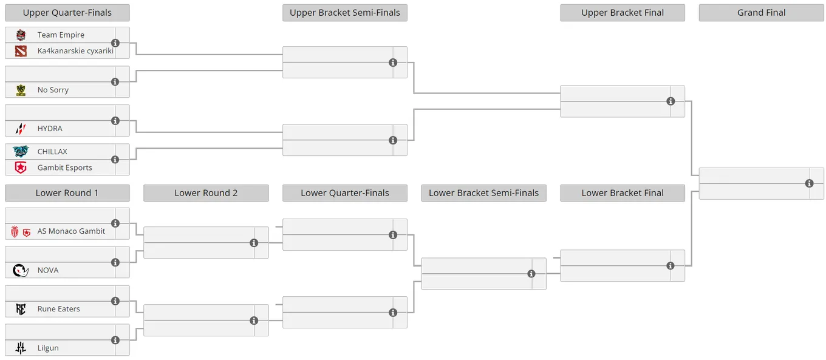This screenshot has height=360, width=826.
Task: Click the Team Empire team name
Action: (x=61, y=35)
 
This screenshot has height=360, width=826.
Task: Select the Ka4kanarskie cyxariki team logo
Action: (x=21, y=51)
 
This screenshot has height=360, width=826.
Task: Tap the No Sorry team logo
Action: (x=21, y=90)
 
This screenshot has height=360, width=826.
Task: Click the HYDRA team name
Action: (x=50, y=129)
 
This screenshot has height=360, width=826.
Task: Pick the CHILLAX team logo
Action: (x=21, y=151)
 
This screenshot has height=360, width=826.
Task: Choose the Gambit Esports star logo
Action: (x=21, y=168)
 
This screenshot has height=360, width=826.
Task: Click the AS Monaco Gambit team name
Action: (x=71, y=231)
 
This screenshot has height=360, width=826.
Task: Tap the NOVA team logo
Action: (x=21, y=270)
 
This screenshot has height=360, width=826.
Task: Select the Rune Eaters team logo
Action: (x=21, y=309)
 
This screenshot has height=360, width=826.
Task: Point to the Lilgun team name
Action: (x=48, y=348)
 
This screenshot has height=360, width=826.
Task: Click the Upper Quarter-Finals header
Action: (x=67, y=13)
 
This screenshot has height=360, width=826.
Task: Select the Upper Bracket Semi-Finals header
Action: (x=345, y=13)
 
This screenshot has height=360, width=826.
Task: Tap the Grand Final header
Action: (x=761, y=13)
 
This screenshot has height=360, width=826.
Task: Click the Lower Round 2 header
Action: (x=206, y=193)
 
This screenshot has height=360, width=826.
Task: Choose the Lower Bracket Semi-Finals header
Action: (x=484, y=193)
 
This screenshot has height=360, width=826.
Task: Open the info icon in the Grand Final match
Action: (x=809, y=183)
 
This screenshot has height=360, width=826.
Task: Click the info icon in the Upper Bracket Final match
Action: (x=671, y=101)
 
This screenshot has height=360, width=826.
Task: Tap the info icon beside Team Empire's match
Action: (x=115, y=43)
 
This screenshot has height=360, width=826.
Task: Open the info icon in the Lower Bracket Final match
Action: (x=671, y=266)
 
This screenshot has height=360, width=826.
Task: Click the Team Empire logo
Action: (x=21, y=35)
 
